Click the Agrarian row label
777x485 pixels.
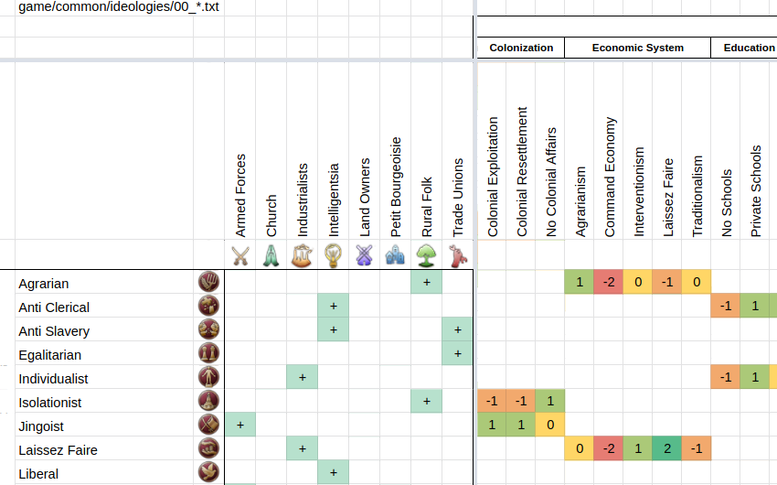[x=44, y=284]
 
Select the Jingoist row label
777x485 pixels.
[x=41, y=426]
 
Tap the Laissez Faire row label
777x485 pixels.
[x=58, y=450]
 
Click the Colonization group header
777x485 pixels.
[x=521, y=48]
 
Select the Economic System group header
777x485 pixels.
[x=637, y=48]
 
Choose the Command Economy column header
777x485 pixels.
[x=610, y=178]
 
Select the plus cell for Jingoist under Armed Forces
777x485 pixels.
[x=240, y=426]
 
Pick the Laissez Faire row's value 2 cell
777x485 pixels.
[x=667, y=450]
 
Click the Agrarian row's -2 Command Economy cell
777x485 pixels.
[x=610, y=284]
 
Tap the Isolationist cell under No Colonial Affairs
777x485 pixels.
[x=551, y=403]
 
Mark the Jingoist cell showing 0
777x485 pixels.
[x=551, y=426]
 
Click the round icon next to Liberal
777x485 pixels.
[x=208, y=473]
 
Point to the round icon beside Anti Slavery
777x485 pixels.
[x=208, y=330]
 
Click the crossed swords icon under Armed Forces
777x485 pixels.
[x=240, y=255]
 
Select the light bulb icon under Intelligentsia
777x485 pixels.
[x=334, y=255]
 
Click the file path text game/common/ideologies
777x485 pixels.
[x=120, y=7]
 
